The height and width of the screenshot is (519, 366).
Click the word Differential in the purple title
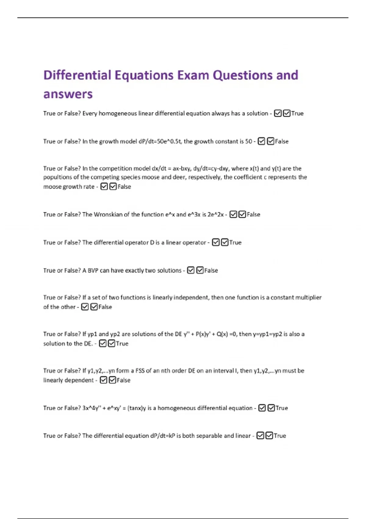[77, 75]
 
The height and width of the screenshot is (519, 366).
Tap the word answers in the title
[68, 94]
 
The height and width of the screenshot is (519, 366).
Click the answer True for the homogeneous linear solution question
[297, 113]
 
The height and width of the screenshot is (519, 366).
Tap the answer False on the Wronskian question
[253, 214]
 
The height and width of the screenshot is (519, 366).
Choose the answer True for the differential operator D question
[235, 242]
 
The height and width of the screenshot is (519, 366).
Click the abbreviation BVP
[93, 270]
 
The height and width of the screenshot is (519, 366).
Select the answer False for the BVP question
[211, 270]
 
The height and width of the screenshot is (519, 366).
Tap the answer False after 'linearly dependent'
[124, 380]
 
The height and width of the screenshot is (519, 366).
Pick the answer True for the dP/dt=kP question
[280, 436]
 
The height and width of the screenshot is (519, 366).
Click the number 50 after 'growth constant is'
[249, 141]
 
